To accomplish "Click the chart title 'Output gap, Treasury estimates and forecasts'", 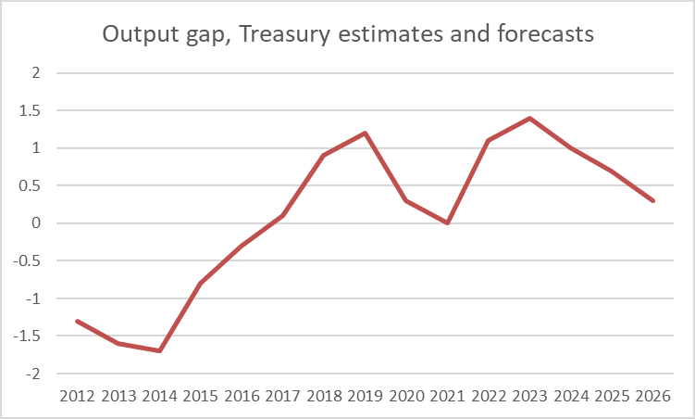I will (348, 34).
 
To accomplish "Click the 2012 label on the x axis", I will (77, 397).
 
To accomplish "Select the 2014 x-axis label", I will (159, 397).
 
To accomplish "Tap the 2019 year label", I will (365, 397).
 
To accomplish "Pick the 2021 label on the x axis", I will (447, 397).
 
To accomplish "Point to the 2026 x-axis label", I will (653, 397).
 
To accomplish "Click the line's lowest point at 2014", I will (159, 350).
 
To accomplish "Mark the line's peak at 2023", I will (529, 118).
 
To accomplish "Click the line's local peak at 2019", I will (365, 133).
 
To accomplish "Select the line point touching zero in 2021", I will (447, 222).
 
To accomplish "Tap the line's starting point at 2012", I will (77, 321).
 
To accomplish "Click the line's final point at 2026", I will (653, 200).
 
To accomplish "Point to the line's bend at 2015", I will (200, 283).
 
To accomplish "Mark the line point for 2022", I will (489, 140).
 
